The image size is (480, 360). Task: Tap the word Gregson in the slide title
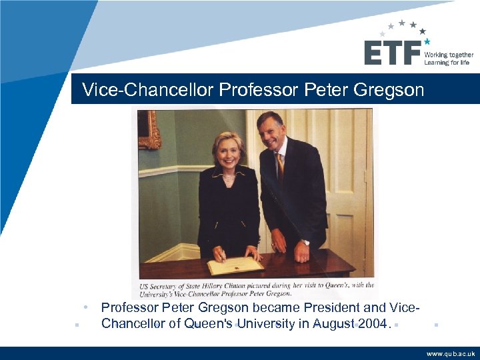click(x=389, y=89)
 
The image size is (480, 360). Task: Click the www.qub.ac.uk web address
click(x=451, y=354)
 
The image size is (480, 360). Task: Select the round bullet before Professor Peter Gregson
click(x=87, y=307)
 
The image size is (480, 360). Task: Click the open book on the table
click(x=235, y=266)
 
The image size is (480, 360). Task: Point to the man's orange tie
click(x=281, y=167)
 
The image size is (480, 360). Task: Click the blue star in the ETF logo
click(x=427, y=41)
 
